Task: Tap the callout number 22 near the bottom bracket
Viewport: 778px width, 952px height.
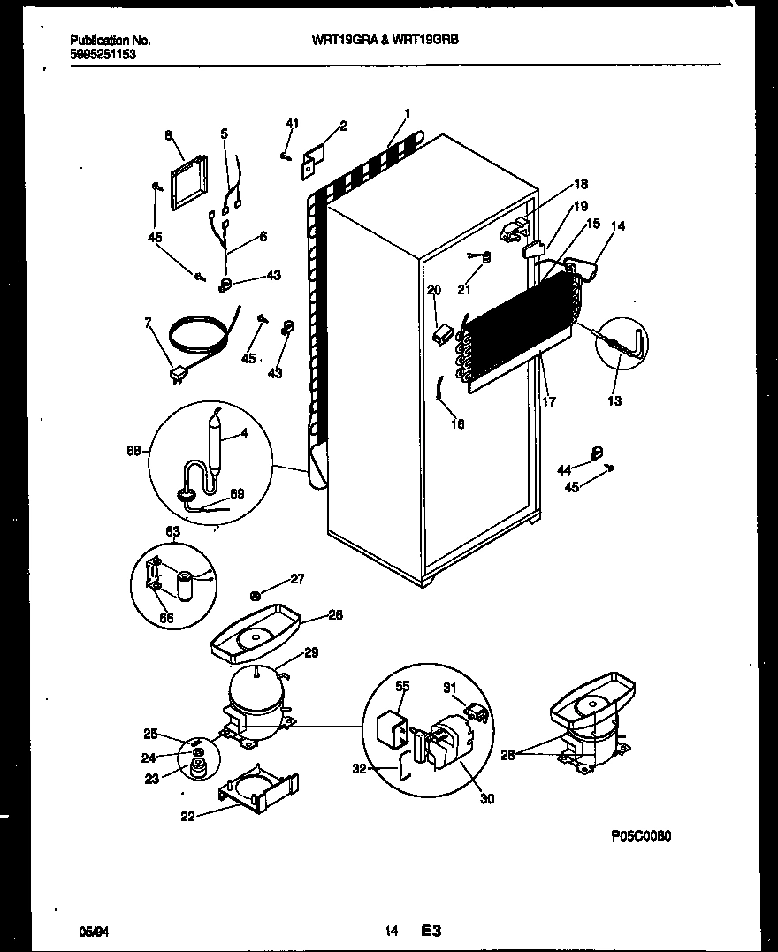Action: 187,816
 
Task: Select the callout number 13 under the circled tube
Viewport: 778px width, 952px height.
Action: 614,400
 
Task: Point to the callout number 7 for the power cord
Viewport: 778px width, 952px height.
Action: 149,324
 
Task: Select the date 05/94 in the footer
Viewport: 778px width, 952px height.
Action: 91,930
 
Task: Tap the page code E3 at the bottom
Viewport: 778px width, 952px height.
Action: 431,930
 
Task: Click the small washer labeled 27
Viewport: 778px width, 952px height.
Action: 256,595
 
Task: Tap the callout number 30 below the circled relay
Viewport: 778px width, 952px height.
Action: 487,799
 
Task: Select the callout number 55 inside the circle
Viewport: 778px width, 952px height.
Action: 402,685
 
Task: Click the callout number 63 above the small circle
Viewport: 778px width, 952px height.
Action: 172,531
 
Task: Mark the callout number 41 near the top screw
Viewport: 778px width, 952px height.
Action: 293,123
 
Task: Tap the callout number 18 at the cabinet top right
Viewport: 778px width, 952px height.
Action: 580,184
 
